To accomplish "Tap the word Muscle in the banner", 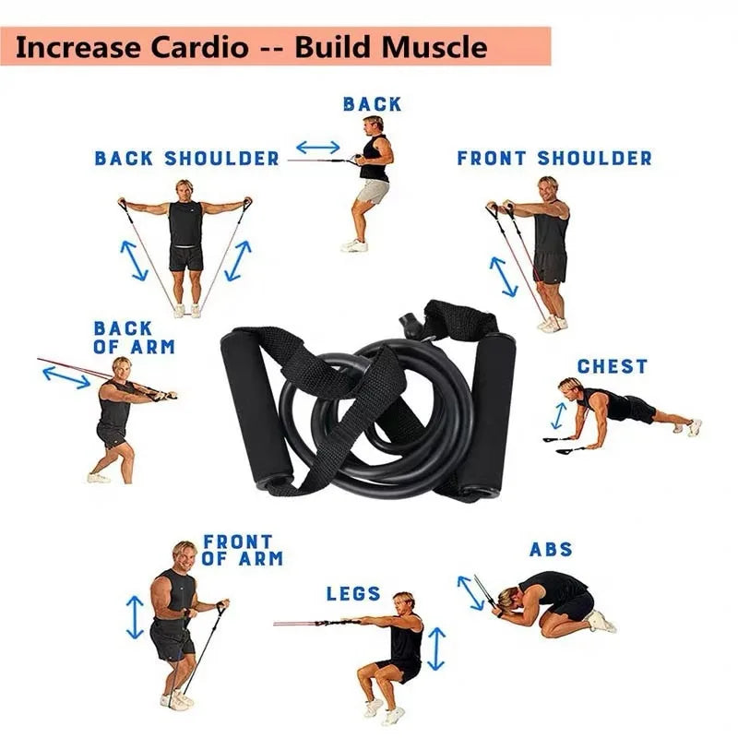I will click(433, 46).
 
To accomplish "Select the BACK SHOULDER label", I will click(186, 159).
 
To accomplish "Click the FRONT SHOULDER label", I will click(554, 159).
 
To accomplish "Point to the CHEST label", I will click(613, 366).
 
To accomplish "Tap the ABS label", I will click(551, 550).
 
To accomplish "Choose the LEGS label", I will click(353, 593).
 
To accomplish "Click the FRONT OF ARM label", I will click(242, 550).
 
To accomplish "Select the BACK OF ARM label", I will click(134, 338).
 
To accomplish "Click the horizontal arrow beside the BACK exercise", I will click(318, 147).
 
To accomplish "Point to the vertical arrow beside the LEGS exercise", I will click(437, 649).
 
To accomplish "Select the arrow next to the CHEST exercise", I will click(558, 415).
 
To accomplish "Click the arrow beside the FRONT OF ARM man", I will click(136, 617).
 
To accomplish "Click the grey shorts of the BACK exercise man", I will click(373, 192).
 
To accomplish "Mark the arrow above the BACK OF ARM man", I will click(66, 375).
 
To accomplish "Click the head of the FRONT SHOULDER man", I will click(549, 186).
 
